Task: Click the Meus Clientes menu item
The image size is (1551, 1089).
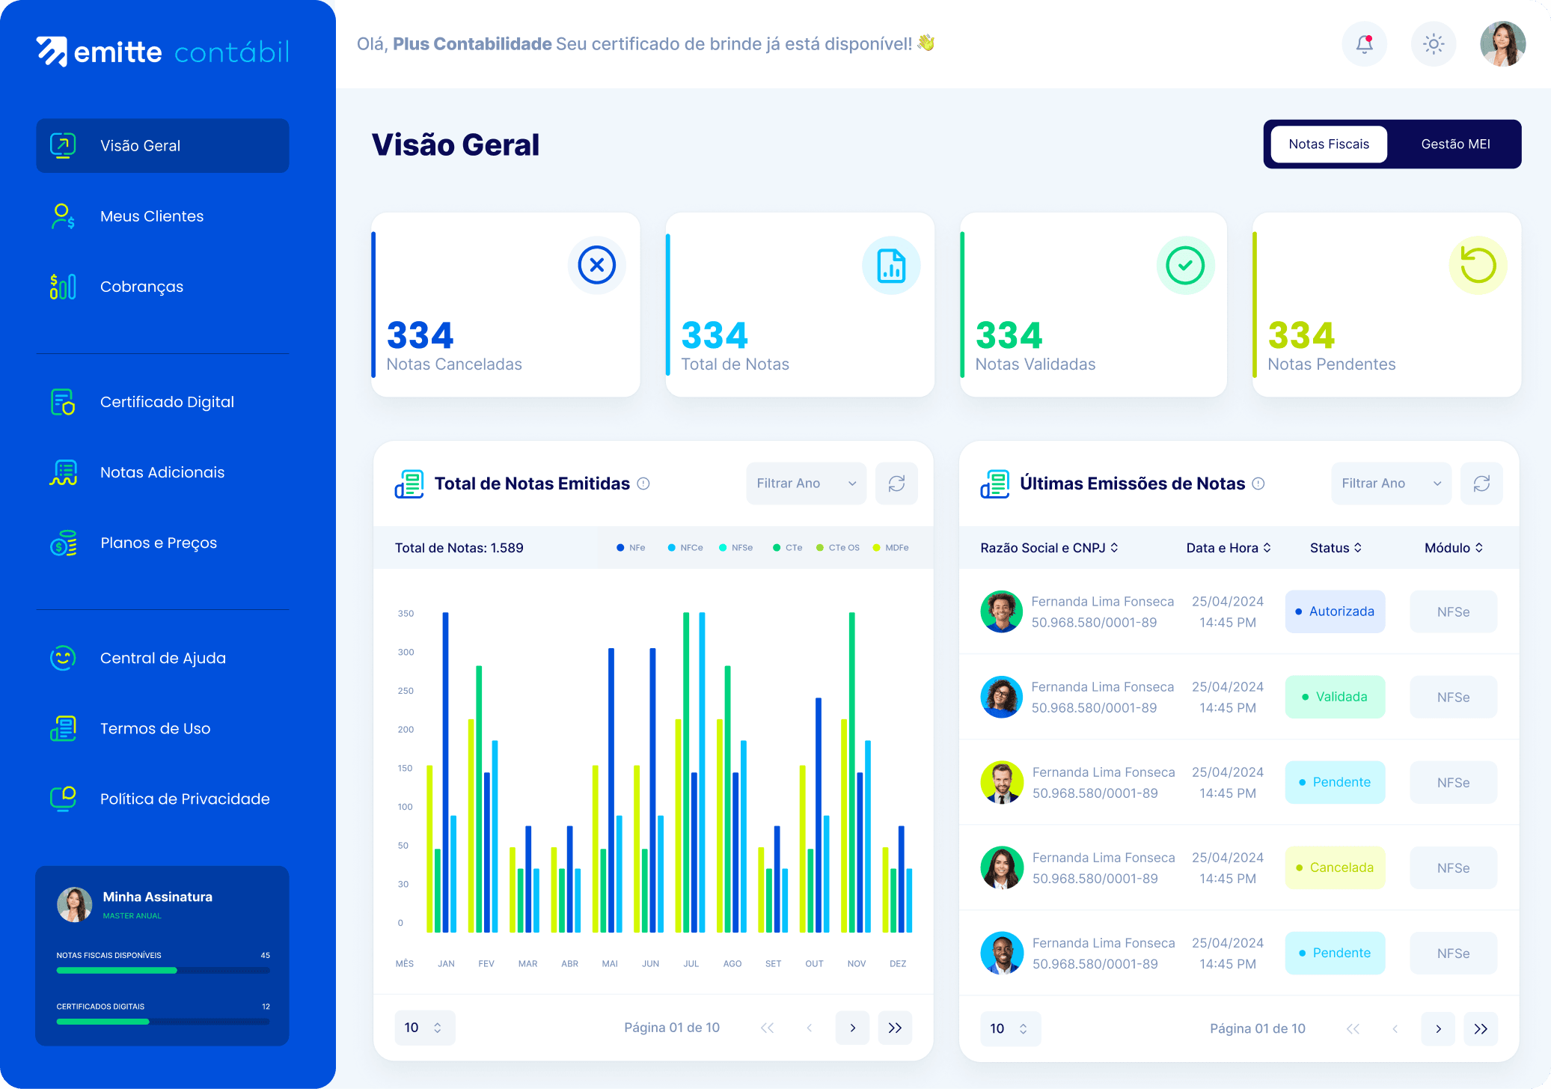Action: tap(151, 216)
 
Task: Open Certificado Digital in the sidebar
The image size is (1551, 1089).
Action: tap(166, 402)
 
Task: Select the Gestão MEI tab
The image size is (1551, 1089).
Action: tap(1454, 144)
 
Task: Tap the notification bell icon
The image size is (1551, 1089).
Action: tap(1364, 44)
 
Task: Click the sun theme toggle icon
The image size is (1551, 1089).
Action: tap(1433, 44)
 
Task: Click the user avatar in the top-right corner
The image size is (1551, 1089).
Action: tap(1502, 44)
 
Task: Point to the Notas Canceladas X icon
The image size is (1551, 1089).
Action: tap(596, 265)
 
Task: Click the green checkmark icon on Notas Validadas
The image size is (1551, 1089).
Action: tap(1185, 265)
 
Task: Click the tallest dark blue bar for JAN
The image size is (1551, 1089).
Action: tap(446, 771)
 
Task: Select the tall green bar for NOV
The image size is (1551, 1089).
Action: tap(852, 771)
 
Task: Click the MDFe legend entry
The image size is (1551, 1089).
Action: tap(891, 548)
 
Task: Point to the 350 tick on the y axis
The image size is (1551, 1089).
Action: tap(406, 614)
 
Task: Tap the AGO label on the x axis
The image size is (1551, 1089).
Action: tap(732, 964)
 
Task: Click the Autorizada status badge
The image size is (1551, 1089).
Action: tap(1335, 611)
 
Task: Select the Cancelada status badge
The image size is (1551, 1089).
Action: tap(1335, 867)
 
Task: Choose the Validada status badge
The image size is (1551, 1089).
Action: tap(1335, 697)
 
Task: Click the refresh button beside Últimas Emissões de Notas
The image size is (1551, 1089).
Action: tap(1481, 484)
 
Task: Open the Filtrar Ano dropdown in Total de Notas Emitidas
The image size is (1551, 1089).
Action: tap(806, 484)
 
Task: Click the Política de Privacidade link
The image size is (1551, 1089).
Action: tap(184, 799)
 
